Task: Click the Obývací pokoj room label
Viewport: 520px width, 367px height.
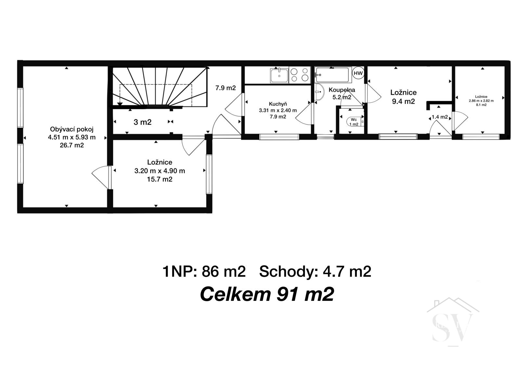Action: point(72,129)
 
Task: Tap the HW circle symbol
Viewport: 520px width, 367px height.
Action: point(358,73)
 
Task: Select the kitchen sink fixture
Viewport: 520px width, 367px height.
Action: point(279,76)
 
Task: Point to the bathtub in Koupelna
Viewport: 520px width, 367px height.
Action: point(333,75)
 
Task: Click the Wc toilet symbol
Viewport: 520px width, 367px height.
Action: point(354,122)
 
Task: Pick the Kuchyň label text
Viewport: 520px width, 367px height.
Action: point(278,104)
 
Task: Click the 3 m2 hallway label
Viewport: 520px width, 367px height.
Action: point(143,122)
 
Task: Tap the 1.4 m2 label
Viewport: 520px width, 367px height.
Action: point(440,117)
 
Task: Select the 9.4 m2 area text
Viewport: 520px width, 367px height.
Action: point(403,102)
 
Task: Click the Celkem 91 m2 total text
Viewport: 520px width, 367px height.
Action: point(267,294)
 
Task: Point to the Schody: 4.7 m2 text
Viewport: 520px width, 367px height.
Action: point(315,272)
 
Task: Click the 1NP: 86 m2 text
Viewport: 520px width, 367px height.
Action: point(204,272)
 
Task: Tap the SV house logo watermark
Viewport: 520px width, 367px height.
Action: point(453,323)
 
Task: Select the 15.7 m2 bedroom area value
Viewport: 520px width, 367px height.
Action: point(160,179)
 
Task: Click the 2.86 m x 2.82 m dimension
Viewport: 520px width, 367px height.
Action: point(481,101)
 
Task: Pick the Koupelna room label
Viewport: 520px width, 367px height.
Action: point(342,90)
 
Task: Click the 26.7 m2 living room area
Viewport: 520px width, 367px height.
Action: point(72,145)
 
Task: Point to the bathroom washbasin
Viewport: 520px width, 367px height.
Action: point(319,92)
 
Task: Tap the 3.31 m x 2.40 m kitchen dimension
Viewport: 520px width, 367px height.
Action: point(278,110)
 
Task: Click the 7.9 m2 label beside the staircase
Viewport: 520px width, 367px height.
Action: point(226,88)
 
